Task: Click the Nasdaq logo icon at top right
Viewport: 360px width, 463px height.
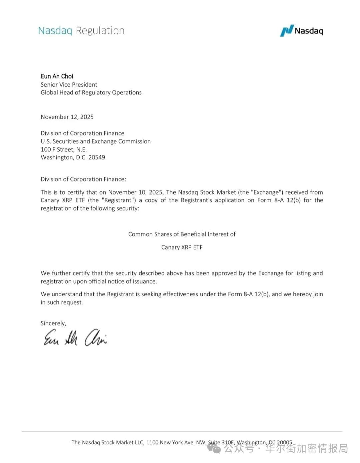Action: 287,31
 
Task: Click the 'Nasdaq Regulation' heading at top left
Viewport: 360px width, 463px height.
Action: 81,31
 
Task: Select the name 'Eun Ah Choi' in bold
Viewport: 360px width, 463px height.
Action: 57,76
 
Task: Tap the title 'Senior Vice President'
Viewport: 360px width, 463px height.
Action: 69,85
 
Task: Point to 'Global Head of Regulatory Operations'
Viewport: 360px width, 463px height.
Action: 91,93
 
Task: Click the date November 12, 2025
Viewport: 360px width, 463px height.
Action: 67,117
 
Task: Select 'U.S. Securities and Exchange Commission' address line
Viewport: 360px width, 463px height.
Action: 96,141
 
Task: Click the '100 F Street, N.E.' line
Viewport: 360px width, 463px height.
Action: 64,149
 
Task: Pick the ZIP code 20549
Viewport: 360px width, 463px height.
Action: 97,157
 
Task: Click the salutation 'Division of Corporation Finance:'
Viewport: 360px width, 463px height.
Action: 83,179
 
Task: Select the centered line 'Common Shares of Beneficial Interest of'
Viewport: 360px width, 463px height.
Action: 182,235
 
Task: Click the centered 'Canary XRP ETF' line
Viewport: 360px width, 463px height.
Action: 182,248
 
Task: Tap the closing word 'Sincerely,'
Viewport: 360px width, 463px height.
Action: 53,323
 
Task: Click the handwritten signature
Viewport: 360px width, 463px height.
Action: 75,338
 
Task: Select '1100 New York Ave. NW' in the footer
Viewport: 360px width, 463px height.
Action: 176,443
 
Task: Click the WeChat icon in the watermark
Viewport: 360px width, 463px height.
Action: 214,449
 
